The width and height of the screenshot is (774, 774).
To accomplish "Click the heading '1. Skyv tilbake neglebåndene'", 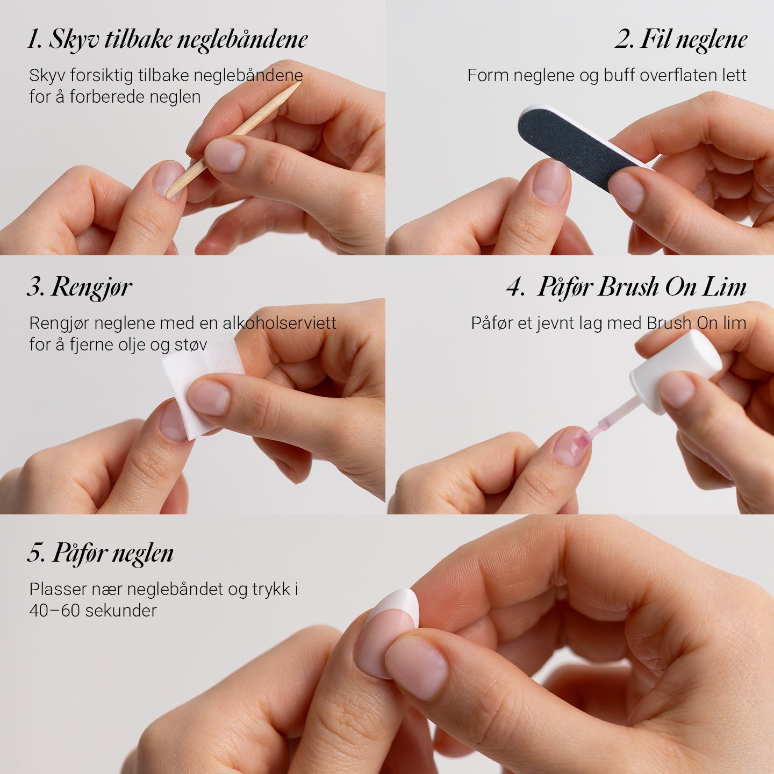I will [x=168, y=39].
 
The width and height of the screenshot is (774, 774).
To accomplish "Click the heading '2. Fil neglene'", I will [x=681, y=39].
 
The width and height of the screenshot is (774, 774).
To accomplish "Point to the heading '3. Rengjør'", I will [x=80, y=287].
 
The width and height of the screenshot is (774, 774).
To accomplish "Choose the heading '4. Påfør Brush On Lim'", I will [x=627, y=287].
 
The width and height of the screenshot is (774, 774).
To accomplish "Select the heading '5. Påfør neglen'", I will [x=101, y=553].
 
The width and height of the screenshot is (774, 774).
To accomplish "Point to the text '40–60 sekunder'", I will [x=93, y=611].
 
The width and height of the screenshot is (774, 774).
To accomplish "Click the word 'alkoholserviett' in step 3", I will [x=279, y=323].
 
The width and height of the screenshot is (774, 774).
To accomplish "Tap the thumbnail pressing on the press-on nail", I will [x=417, y=666].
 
